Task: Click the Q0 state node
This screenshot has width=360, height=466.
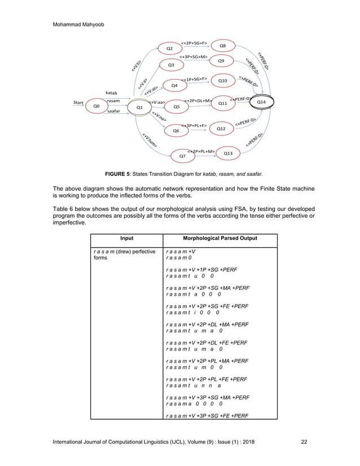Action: (x=96, y=105)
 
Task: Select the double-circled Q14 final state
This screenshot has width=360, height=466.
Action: (x=261, y=102)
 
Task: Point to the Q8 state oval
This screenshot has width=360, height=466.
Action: (x=223, y=46)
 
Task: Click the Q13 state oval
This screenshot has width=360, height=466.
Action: (x=227, y=153)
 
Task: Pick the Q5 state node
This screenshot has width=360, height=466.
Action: (x=177, y=106)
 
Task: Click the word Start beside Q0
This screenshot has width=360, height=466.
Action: (x=79, y=103)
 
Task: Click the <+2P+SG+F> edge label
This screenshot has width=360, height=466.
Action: (x=194, y=42)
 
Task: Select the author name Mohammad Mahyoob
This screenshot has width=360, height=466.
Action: (x=80, y=24)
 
